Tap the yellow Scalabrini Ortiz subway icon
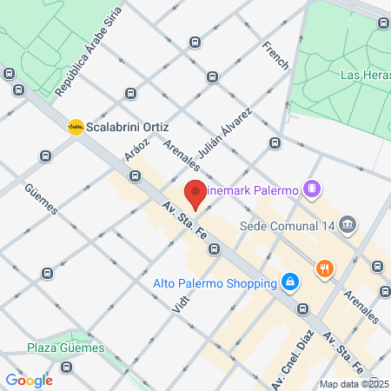click(x=76, y=126)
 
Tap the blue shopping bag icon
click(x=289, y=282)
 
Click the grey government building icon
click(x=348, y=225)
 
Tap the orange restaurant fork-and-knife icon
click(x=325, y=268)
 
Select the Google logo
click(x=29, y=381)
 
